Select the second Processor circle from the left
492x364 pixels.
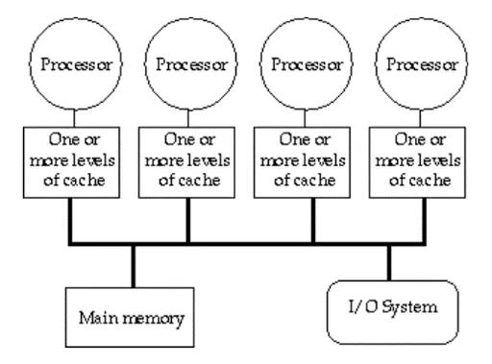187,66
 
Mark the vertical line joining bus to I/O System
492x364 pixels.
389,262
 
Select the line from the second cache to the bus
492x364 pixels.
187,221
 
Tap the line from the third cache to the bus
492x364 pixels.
313,221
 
